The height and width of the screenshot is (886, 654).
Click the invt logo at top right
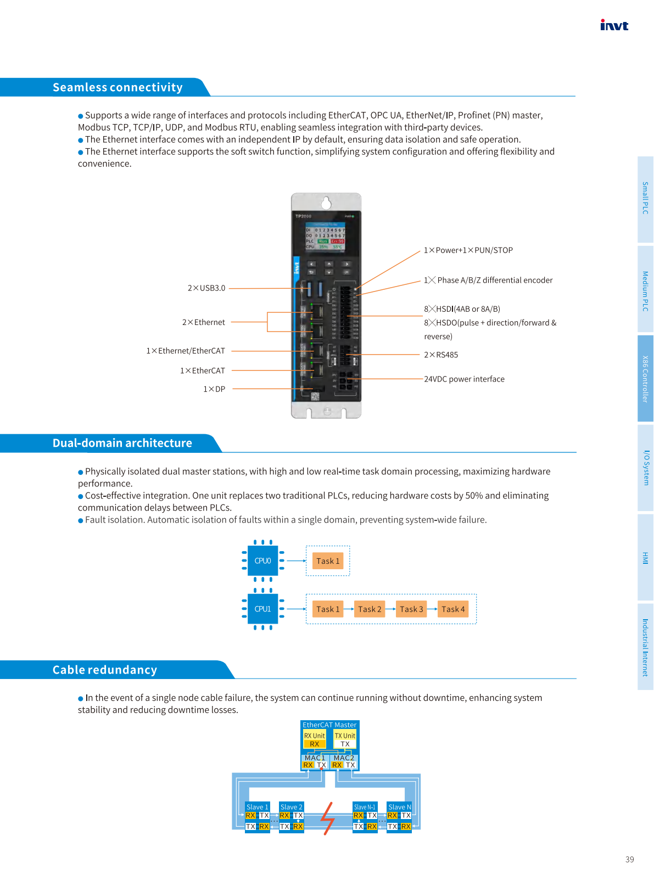(614, 25)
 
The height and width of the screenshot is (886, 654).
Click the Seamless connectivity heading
(118, 87)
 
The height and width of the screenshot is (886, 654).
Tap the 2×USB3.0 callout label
(206, 288)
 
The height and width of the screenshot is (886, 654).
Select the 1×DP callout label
(214, 389)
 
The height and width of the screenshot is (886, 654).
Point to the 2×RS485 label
(441, 355)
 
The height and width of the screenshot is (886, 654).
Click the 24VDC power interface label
(464, 379)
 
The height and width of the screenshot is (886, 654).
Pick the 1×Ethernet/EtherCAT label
(186, 351)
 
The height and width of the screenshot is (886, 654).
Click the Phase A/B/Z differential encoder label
(488, 280)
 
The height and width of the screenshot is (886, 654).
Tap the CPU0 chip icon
(262, 561)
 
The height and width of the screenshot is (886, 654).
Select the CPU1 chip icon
(262, 609)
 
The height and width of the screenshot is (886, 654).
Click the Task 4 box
(453, 609)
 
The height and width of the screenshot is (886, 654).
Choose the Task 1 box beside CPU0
(328, 561)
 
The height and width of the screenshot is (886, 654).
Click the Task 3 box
(411, 609)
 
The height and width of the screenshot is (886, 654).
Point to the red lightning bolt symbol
(328, 818)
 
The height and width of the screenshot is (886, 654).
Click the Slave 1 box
(258, 817)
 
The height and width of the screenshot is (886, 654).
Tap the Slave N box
(399, 817)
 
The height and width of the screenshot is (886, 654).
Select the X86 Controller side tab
(645, 379)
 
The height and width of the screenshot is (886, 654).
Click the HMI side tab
(645, 558)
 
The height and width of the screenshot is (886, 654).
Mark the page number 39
(629, 860)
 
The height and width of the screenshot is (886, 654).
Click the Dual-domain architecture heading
(122, 443)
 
